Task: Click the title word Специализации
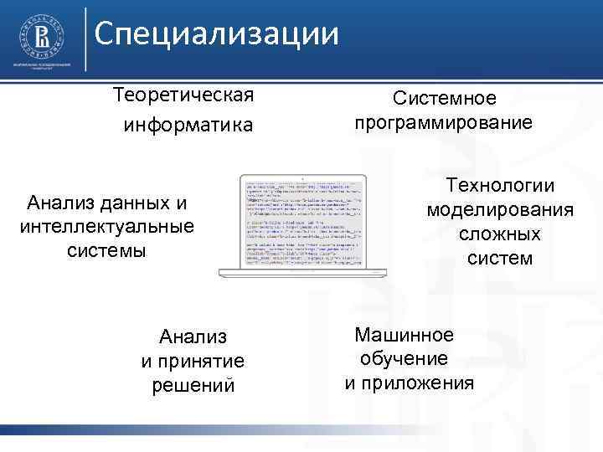(x=216, y=34)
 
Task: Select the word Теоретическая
(x=184, y=93)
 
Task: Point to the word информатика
(x=188, y=126)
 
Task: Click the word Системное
(x=445, y=99)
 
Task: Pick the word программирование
(x=443, y=123)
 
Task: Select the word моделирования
(x=500, y=208)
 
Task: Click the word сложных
(x=500, y=234)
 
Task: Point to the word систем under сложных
(x=500, y=258)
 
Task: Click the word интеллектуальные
(x=106, y=226)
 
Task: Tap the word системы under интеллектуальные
(x=106, y=250)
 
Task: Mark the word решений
(x=193, y=385)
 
